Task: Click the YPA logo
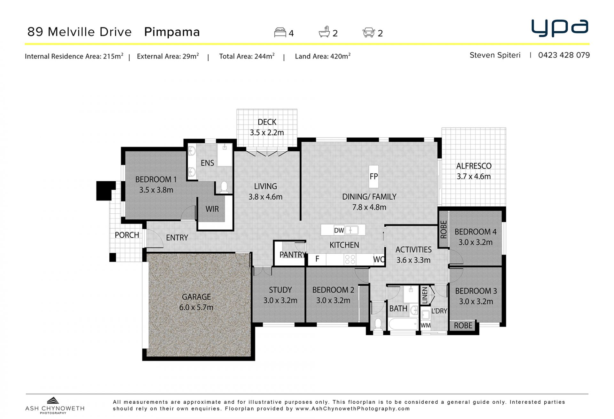click(x=560, y=28)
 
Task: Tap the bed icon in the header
click(x=280, y=33)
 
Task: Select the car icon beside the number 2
click(x=369, y=33)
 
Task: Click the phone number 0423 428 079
click(x=564, y=55)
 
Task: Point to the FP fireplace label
click(x=374, y=176)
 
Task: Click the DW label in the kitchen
click(x=339, y=230)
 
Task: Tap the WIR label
click(x=212, y=209)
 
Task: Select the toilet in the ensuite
click(x=224, y=187)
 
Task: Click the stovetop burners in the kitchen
click(x=350, y=259)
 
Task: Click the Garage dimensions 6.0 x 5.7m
click(x=196, y=307)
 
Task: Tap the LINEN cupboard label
click(x=425, y=295)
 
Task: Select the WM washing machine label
click(x=425, y=326)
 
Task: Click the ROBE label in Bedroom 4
click(x=444, y=230)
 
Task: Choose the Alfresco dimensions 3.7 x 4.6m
click(x=474, y=177)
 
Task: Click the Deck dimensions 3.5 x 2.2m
click(x=267, y=132)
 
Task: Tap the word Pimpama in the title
click(x=172, y=32)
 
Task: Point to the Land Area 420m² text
click(x=323, y=56)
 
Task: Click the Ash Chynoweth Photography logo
click(x=55, y=405)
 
